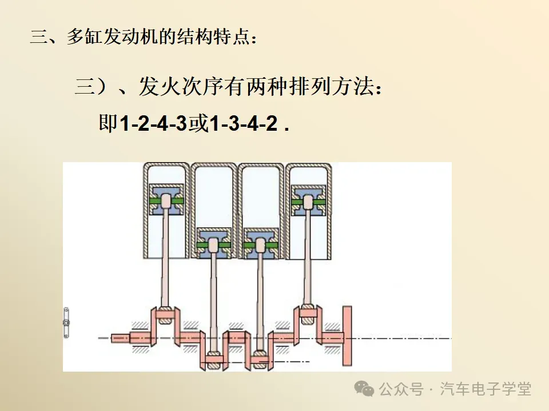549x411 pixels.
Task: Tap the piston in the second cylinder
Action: [213, 245]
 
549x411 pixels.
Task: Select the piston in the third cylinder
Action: [261, 245]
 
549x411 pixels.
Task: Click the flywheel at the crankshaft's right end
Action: [347, 336]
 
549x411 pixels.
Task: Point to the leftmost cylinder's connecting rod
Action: [165, 257]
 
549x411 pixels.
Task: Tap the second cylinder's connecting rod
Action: [213, 303]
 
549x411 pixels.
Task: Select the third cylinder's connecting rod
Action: [261, 303]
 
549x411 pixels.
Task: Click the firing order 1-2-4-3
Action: [153, 124]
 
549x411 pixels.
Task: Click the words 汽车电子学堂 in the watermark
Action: [486, 389]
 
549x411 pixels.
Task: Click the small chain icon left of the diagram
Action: [66, 323]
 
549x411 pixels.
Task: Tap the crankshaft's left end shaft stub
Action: [120, 338]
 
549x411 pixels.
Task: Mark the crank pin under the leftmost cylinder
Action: [165, 313]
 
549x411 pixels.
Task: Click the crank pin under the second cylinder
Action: [213, 360]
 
